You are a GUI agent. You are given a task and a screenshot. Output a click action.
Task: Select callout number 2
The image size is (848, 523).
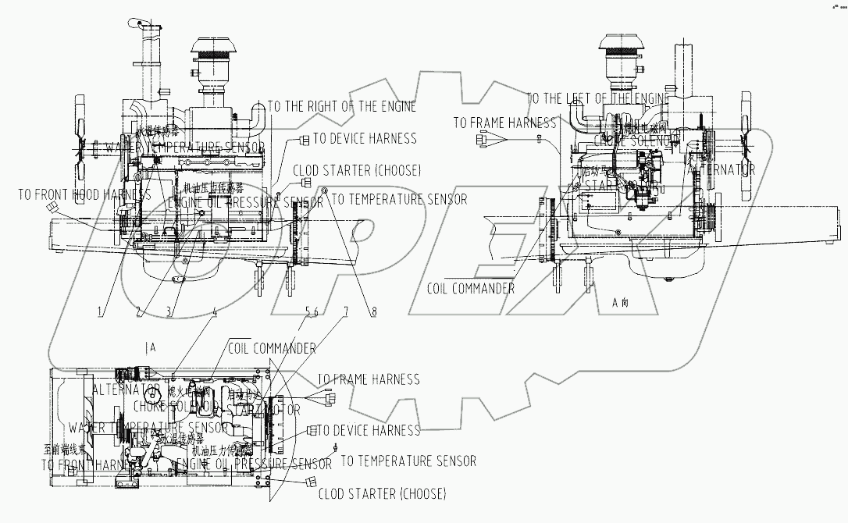139,311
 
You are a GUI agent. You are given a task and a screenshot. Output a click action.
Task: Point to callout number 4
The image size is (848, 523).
216,311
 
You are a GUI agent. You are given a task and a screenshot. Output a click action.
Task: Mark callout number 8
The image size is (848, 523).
373,311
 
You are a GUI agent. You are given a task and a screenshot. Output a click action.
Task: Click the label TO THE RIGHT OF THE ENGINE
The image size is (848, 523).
342,106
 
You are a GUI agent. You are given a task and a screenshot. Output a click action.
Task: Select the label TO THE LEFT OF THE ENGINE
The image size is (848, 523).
598,98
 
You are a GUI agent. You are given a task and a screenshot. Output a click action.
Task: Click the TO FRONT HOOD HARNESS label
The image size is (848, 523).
84,194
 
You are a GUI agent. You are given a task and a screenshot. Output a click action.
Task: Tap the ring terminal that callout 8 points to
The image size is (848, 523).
326,190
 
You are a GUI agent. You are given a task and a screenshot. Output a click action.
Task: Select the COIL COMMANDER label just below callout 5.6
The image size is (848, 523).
272,348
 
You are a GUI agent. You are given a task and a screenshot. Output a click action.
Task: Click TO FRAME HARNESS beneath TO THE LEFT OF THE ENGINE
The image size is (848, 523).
504,123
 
